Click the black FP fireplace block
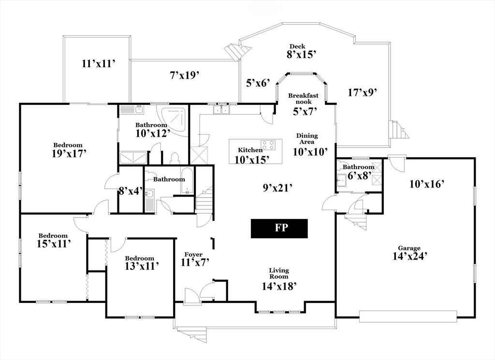point(279,229)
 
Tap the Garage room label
point(409,248)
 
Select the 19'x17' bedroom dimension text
point(69,153)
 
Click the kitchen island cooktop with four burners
point(268,145)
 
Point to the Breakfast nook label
point(303,99)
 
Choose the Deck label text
point(297,47)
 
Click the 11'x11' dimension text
point(98,64)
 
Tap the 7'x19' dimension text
point(184,75)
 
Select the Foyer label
point(193,254)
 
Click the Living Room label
point(279,273)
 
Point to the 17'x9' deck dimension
point(363,92)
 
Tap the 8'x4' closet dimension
point(131,191)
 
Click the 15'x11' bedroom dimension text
point(53,244)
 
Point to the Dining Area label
point(307,139)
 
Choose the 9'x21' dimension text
point(277,187)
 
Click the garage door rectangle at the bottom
point(408,317)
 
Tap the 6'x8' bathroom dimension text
point(360,175)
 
